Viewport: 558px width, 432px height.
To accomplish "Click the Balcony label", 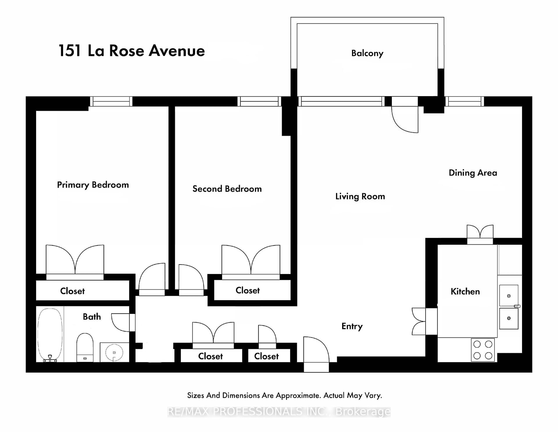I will coord(367,53).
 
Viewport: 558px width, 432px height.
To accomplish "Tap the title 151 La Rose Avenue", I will coord(132,51).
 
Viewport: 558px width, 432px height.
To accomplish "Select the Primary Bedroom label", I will coord(93,185).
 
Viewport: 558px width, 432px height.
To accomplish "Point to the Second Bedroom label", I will coord(227,189).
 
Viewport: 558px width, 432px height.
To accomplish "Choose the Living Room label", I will coord(360,196).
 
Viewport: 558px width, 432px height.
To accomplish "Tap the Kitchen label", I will coord(465,292).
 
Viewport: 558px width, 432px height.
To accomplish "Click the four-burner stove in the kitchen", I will coord(483,350).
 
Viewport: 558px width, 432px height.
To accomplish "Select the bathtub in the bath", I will coord(50,335).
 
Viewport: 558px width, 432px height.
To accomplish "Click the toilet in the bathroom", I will coord(85,347).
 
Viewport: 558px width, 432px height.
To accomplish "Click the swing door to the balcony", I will coord(405,119).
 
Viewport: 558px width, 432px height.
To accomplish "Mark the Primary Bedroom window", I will coord(111,101).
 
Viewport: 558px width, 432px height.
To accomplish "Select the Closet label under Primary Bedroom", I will coord(72,291).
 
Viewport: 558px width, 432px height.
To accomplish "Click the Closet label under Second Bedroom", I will coord(247,291).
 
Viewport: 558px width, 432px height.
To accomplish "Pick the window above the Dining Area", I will coord(464,101).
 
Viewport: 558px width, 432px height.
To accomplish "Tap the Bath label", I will coord(92,317).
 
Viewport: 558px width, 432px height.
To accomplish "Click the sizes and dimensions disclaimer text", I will coord(284,395).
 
